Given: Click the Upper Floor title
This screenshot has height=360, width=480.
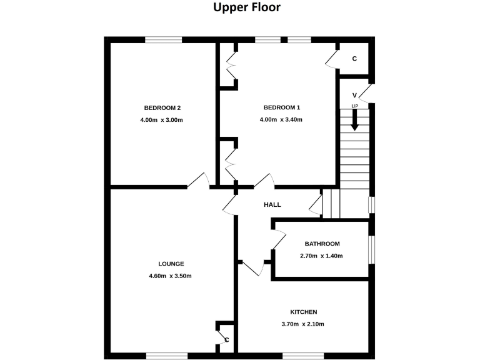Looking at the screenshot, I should (x=246, y=8).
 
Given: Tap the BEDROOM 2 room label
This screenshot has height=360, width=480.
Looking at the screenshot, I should (x=162, y=107).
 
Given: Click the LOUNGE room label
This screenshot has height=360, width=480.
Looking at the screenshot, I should (x=171, y=264).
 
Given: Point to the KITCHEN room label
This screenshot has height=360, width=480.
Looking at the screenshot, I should (x=303, y=312).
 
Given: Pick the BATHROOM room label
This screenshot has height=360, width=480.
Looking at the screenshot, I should (x=322, y=244).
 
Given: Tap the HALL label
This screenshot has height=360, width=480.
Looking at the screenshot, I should (x=272, y=204).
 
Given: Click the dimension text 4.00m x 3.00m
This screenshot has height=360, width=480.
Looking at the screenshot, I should (x=162, y=119).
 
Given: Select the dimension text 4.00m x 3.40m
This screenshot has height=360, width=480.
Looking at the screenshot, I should (x=281, y=119).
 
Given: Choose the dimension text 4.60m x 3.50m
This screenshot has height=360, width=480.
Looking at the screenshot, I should (x=171, y=276).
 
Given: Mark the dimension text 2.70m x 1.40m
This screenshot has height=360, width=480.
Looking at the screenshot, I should (x=322, y=256).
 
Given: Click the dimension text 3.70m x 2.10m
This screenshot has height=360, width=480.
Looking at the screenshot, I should (x=303, y=324).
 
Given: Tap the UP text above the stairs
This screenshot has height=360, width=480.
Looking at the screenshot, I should (x=354, y=106).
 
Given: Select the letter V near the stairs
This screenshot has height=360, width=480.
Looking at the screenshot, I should (x=354, y=95).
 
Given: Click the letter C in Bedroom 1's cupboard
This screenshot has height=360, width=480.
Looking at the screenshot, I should (x=354, y=59).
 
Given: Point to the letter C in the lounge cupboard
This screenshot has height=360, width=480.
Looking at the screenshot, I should (x=227, y=339).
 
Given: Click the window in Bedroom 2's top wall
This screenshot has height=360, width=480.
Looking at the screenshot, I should (x=164, y=40).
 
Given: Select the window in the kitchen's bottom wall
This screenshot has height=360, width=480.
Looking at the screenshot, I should (x=303, y=356).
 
